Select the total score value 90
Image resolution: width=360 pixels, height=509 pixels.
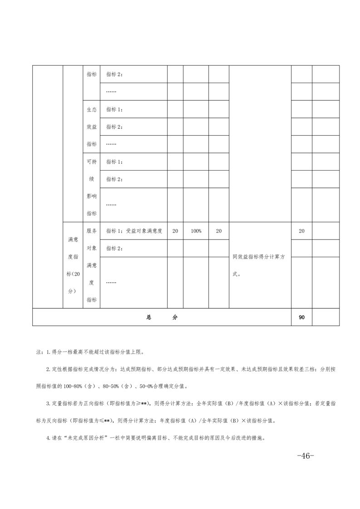point(301,318)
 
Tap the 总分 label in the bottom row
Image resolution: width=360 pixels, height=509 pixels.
point(162,318)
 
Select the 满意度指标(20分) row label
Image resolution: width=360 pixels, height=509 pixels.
point(73,265)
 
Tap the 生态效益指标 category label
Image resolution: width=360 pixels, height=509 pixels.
point(92,127)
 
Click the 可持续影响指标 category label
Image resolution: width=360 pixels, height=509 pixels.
point(92,187)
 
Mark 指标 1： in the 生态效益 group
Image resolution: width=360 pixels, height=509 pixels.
point(114,109)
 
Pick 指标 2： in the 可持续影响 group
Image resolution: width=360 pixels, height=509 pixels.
point(114,179)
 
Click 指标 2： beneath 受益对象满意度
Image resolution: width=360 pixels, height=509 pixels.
point(114,249)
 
